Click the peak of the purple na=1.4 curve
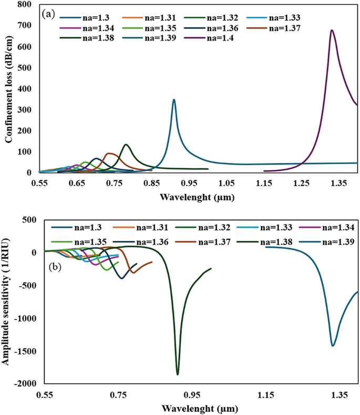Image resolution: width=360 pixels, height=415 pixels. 332,31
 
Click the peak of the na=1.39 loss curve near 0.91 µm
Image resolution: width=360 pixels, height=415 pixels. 174,99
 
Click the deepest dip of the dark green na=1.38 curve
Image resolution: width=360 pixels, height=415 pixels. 178,374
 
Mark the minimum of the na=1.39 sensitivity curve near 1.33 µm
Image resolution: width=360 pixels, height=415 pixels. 333,346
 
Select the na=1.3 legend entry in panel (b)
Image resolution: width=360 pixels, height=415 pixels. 79,227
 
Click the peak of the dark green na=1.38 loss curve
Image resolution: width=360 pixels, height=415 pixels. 126,145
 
